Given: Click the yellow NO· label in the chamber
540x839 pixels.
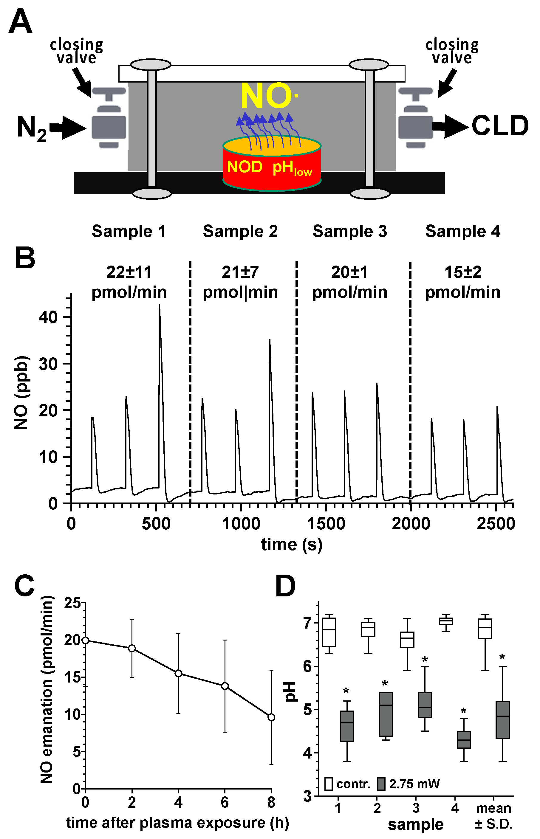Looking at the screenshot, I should [x=268, y=96].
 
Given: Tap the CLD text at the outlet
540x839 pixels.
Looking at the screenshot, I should [x=500, y=126].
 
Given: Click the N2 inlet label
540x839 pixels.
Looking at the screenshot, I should [x=32, y=129].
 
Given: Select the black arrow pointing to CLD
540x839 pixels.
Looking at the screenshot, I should [x=451, y=126].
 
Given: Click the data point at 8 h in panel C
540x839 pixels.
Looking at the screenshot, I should [x=271, y=717].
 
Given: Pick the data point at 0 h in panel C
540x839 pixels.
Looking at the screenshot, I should [x=85, y=640].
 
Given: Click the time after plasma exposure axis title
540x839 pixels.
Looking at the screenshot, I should [x=177, y=823].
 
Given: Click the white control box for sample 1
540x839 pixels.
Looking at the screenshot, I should [x=329, y=632].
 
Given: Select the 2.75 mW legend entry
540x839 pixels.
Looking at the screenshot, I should [x=409, y=784].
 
